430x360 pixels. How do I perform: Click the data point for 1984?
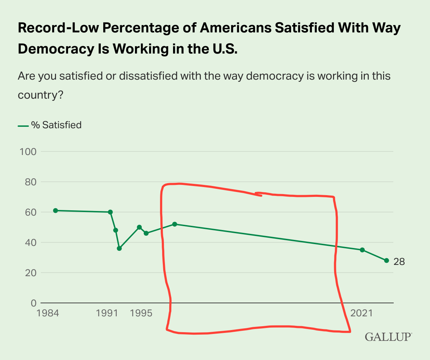[55, 211]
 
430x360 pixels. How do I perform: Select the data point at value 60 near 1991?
[110, 212]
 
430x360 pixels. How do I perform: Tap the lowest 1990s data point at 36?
[119, 248]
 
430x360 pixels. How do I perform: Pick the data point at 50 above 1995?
[139, 227]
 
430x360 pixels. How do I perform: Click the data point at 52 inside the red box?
[174, 224]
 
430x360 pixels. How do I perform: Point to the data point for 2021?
[362, 250]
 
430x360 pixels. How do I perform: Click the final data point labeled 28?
[386, 260]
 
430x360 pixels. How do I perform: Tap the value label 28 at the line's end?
[399, 262]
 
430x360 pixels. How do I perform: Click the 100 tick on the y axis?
[29, 151]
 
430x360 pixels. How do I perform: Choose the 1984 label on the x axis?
[47, 313]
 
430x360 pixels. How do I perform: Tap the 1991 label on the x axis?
[107, 313]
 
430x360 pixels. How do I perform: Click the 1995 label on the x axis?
[141, 313]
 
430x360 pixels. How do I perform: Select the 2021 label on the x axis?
[362, 313]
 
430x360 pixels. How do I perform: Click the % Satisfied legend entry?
[50, 125]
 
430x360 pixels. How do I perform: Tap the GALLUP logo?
[388, 336]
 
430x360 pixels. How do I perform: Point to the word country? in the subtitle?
[40, 95]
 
